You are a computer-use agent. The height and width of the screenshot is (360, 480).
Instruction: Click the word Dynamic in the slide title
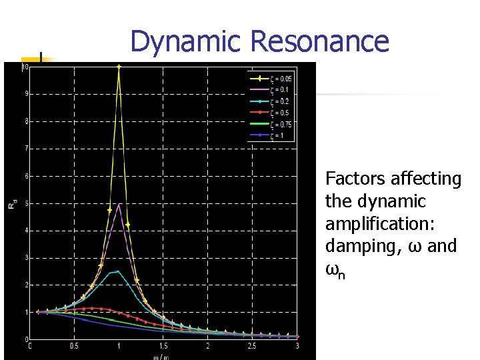(x=186, y=41)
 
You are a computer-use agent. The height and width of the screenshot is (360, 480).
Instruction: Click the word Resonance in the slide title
(x=319, y=41)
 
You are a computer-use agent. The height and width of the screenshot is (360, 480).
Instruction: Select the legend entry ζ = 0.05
(x=281, y=79)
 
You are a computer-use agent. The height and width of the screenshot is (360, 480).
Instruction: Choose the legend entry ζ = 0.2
(x=279, y=101)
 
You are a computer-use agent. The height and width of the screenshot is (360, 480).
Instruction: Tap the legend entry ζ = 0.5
(x=279, y=112)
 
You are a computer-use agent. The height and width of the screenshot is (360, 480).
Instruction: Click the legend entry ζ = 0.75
(x=281, y=125)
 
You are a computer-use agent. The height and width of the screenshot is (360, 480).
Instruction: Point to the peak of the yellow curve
(x=119, y=67)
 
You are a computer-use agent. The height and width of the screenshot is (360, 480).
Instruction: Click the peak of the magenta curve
(x=119, y=204)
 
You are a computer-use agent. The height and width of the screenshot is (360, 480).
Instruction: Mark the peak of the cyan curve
(x=117, y=271)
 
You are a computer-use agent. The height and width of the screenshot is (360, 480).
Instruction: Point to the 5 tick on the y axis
(x=26, y=203)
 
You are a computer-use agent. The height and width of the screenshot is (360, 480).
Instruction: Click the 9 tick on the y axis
(x=26, y=93)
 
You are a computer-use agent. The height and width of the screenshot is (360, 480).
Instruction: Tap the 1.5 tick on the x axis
(x=163, y=347)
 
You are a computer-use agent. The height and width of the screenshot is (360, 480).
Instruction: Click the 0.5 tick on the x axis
(x=73, y=347)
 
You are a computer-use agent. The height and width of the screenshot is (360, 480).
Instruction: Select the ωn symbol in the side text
(x=335, y=269)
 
